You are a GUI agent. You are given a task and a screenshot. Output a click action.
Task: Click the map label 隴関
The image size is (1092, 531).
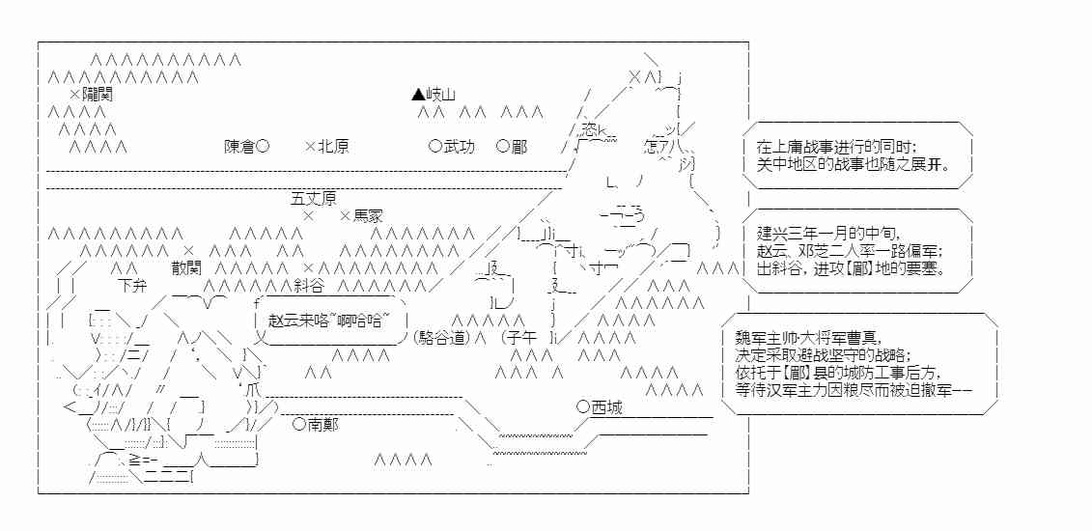click(98, 95)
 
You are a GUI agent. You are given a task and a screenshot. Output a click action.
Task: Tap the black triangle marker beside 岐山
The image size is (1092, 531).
click(417, 95)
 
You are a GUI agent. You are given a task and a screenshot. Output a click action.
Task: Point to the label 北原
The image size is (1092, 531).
click(333, 147)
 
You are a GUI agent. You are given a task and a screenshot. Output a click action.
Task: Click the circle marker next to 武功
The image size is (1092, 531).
click(434, 147)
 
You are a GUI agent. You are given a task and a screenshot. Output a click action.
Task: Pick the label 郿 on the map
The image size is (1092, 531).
click(519, 147)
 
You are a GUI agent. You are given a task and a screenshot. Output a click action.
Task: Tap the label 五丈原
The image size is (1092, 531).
click(314, 198)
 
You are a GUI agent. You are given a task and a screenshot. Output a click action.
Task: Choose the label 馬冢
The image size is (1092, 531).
click(368, 216)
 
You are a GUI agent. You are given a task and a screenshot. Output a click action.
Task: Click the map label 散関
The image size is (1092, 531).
click(187, 267)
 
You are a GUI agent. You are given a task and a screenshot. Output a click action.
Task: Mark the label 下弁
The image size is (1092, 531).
click(132, 286)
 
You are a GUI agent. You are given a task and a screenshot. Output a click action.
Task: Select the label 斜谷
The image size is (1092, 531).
click(309, 286)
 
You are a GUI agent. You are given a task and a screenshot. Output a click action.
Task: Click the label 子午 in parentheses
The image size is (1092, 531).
click(520, 338)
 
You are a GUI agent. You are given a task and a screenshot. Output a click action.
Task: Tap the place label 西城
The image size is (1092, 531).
click(606, 407)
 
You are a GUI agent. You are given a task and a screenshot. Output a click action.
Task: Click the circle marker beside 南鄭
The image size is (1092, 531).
click(299, 424)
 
